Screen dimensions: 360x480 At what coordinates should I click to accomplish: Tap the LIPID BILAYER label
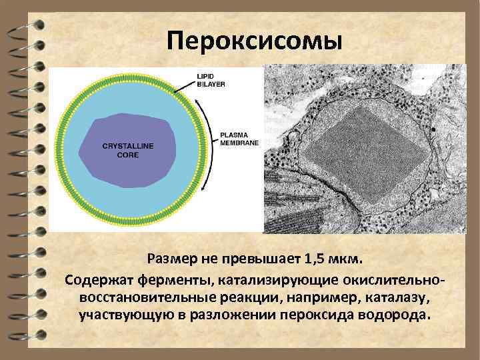coord(211,80)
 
